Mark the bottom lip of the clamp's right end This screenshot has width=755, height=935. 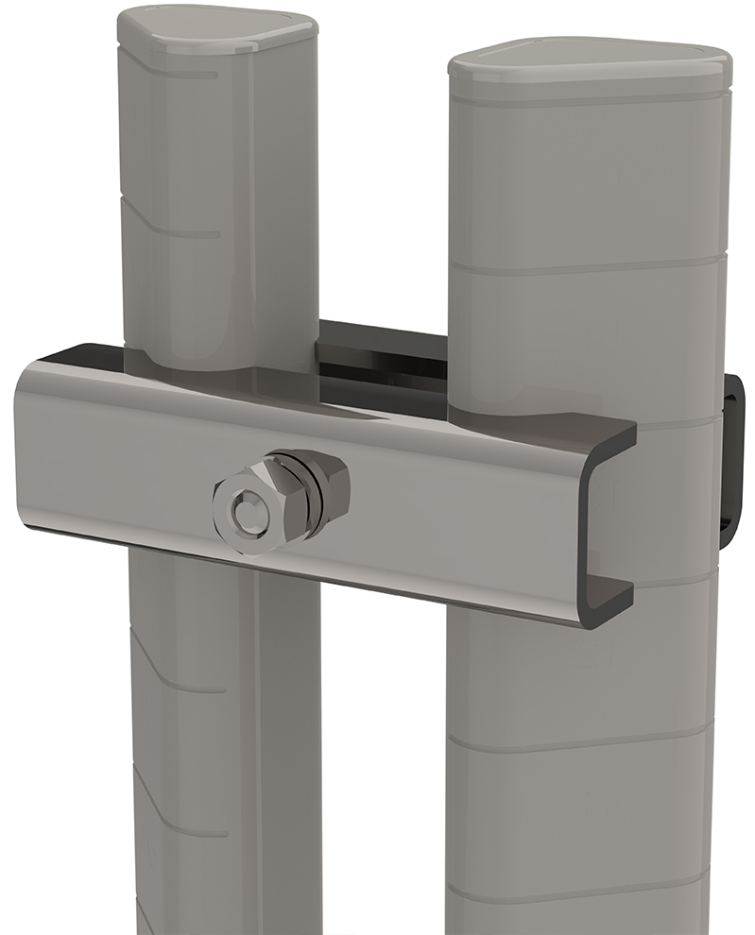[605, 604]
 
